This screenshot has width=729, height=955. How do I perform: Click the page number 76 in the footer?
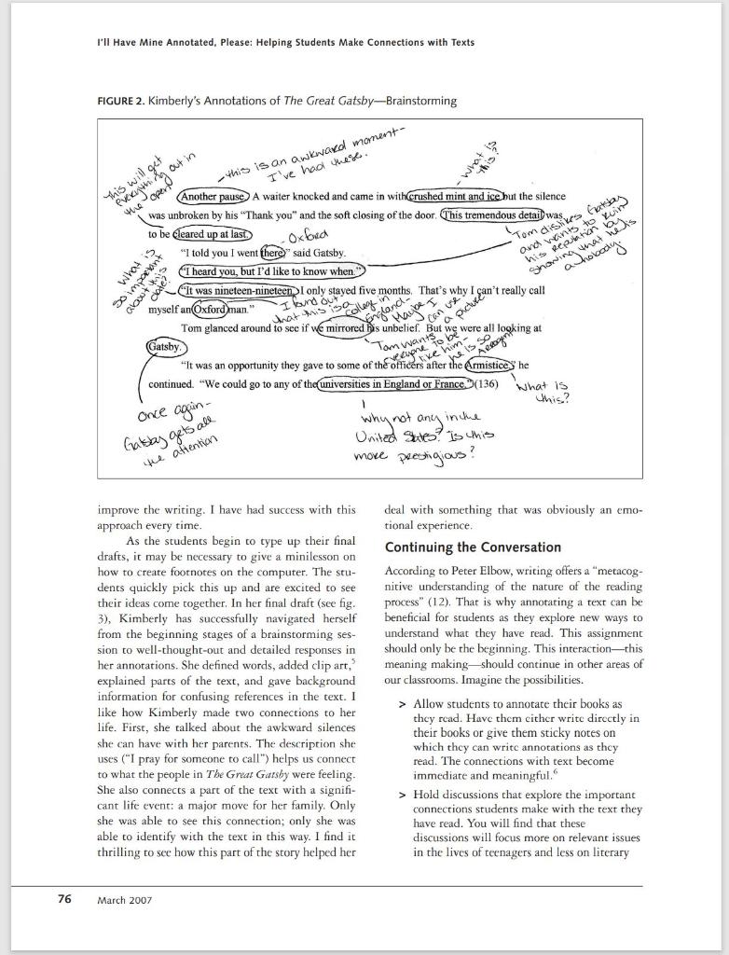64,899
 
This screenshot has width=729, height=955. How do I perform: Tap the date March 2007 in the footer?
125,900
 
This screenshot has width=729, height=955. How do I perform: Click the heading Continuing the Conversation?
473,547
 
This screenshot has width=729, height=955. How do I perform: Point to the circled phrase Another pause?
213,198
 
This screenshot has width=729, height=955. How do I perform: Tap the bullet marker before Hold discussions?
403,795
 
